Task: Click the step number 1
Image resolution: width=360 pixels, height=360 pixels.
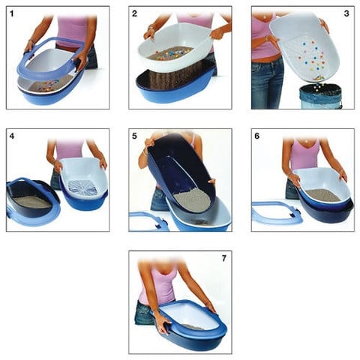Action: (x=11, y=13)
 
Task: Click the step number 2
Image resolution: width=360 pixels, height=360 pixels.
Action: (x=134, y=13)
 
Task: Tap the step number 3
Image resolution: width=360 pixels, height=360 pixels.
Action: (x=346, y=13)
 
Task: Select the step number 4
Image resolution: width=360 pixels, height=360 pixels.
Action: (x=12, y=136)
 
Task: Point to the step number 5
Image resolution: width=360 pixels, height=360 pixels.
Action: (x=134, y=136)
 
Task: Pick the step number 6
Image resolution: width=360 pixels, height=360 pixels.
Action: (x=257, y=136)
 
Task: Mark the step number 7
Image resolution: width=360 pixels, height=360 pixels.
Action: (x=224, y=258)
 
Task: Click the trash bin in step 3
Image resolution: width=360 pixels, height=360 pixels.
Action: (x=321, y=97)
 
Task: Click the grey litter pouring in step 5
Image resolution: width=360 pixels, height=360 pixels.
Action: (x=193, y=201)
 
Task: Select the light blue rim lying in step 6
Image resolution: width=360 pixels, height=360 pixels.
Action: (x=277, y=211)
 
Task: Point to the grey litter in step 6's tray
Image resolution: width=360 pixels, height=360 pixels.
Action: (x=323, y=196)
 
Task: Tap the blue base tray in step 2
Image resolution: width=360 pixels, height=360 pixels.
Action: (x=175, y=85)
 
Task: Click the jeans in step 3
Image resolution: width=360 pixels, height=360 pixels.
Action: (x=267, y=84)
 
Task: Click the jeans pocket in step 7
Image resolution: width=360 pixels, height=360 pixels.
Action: (x=143, y=313)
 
